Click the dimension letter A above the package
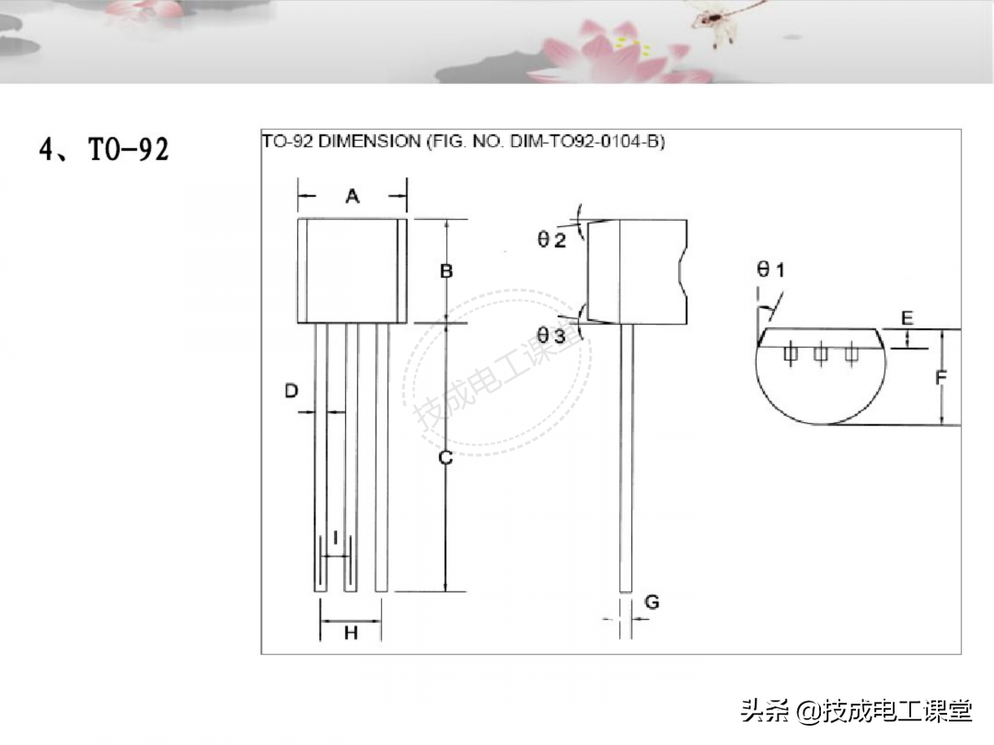(x=353, y=197)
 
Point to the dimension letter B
(x=446, y=271)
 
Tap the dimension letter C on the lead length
(x=445, y=457)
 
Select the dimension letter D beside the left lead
(x=291, y=390)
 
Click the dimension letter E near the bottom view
(x=907, y=318)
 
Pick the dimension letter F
(x=942, y=378)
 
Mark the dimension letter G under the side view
(x=652, y=602)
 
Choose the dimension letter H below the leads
(x=351, y=632)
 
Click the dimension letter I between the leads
(x=335, y=538)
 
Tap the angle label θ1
(x=771, y=269)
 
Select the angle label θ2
(x=551, y=239)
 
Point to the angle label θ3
(x=551, y=335)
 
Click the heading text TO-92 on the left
(x=129, y=150)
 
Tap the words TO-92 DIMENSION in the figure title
(x=341, y=142)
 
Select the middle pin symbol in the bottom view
(x=820, y=353)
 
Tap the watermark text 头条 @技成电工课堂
(x=857, y=711)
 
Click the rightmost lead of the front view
(x=381, y=457)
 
